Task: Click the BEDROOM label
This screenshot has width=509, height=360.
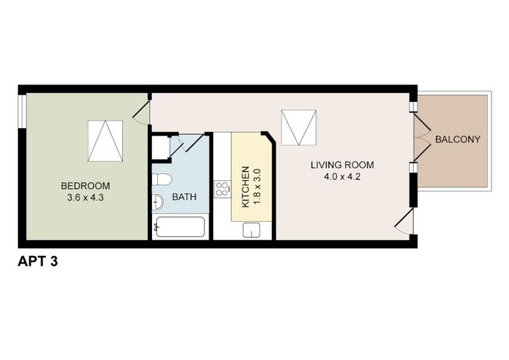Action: (85, 186)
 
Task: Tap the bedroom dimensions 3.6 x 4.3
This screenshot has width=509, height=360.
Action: (85, 197)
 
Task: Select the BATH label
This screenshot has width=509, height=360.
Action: (184, 196)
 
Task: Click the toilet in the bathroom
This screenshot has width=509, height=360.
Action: (161, 180)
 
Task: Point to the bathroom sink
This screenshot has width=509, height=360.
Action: (158, 202)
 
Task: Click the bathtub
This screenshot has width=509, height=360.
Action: (180, 227)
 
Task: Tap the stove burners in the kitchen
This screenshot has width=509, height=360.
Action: (223, 189)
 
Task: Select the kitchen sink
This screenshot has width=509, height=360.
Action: (252, 230)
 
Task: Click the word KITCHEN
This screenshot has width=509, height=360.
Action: (246, 187)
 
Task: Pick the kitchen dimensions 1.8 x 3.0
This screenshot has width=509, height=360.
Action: (257, 187)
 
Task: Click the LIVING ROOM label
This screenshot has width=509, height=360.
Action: (342, 165)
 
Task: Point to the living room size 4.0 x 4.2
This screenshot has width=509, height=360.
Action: (342, 177)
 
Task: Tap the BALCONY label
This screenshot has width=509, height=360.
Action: (457, 140)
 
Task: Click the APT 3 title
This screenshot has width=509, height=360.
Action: (38, 261)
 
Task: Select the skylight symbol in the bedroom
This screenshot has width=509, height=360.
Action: (105, 141)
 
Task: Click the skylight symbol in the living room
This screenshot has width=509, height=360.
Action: (299, 127)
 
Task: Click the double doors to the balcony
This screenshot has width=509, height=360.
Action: (422, 137)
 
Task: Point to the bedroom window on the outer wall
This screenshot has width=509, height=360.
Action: (22, 111)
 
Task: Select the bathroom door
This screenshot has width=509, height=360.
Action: (187, 143)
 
